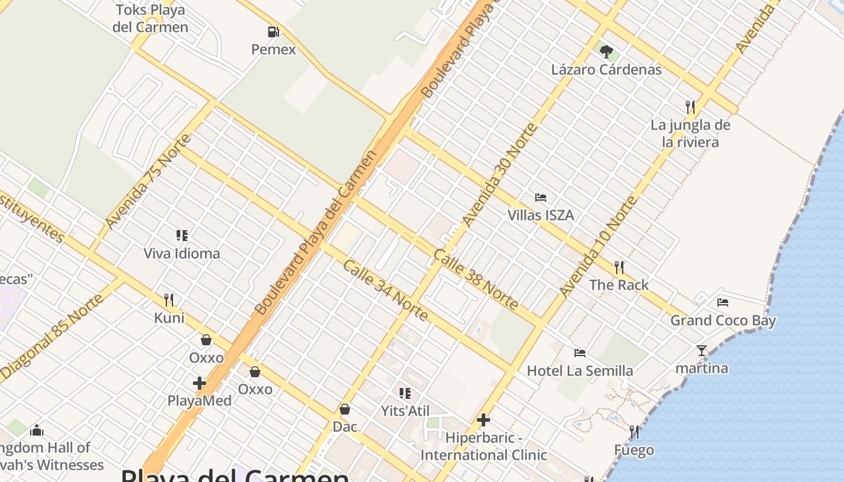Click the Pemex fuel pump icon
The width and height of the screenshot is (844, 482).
point(274,32)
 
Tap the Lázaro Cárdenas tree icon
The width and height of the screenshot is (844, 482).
point(606,52)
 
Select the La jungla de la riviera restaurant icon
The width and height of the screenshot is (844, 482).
point(690,107)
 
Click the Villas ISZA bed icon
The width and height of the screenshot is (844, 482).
point(540,198)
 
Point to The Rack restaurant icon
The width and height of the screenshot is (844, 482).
point(619,267)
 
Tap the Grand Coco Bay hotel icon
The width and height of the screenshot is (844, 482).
point(723,302)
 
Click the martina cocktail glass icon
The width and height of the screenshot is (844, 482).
point(702,350)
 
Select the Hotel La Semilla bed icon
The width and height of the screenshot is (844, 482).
point(580,352)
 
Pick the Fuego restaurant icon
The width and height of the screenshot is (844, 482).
point(634,432)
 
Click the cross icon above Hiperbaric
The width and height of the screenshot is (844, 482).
point(483,420)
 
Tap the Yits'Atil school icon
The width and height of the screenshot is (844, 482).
point(405,393)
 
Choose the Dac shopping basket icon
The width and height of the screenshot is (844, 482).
point(345,409)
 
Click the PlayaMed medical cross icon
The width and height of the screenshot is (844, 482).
point(200,383)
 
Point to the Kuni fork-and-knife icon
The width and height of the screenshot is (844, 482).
point(169,299)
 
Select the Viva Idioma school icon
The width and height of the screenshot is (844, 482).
point(182,235)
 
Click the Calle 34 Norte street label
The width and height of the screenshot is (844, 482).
point(386,290)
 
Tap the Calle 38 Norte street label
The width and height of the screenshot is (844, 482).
point(476,280)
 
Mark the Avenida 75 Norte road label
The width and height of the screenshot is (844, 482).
point(148,181)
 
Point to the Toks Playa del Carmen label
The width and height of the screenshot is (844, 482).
point(150,19)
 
